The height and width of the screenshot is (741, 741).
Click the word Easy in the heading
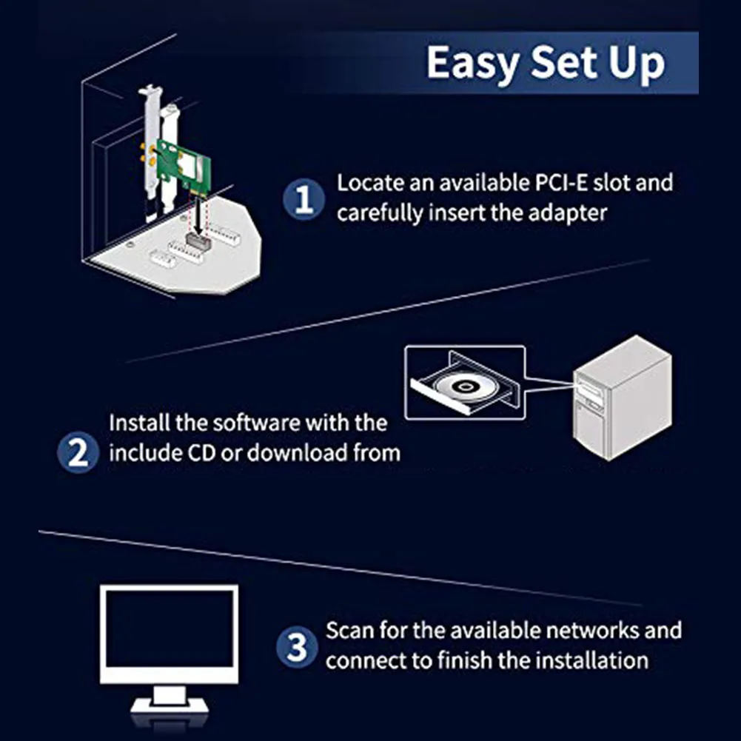469,62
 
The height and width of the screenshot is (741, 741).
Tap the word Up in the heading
636,64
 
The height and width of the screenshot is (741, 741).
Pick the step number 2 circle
78,452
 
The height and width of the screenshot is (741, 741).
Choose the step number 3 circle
296,648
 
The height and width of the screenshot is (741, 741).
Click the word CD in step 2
196,452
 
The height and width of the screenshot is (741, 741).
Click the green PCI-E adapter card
180,167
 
